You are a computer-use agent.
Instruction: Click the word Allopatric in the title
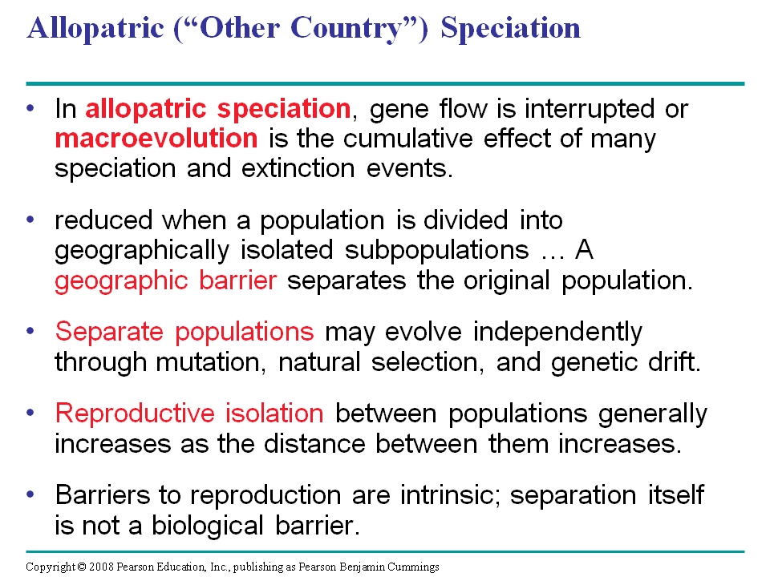(x=95, y=29)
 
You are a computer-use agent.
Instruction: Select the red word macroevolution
(x=156, y=139)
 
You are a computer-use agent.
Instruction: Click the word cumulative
(x=407, y=139)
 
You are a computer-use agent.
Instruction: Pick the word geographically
(x=142, y=251)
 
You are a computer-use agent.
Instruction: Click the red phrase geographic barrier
(x=165, y=281)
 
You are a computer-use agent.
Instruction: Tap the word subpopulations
(x=436, y=251)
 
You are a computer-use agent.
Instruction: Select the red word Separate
(x=109, y=332)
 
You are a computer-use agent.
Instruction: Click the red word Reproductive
(x=135, y=414)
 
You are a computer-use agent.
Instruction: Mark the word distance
(x=314, y=444)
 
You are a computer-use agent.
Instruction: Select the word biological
(x=208, y=526)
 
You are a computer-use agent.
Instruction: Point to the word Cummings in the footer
(x=413, y=567)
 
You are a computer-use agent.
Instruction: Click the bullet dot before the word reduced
(x=30, y=220)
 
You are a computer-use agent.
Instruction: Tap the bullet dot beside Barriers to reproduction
(x=30, y=494)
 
